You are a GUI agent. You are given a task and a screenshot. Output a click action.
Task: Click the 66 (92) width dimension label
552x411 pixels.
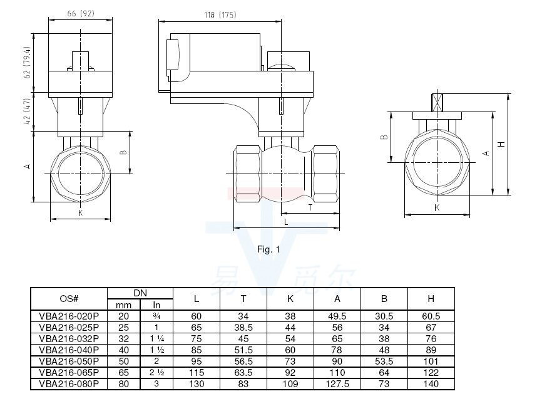click(x=79, y=14)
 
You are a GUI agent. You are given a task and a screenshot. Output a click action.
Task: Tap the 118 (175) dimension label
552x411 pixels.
click(x=219, y=14)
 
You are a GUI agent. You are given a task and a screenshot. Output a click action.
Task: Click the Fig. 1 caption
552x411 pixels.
click(x=268, y=249)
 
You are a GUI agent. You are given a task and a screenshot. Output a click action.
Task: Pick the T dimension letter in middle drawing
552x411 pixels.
click(x=310, y=207)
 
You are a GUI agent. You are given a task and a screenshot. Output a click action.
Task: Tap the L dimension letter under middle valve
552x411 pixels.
click(x=285, y=222)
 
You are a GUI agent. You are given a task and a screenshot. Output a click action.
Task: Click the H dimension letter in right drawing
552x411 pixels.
click(x=501, y=145)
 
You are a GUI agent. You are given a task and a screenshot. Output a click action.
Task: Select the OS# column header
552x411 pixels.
click(x=69, y=299)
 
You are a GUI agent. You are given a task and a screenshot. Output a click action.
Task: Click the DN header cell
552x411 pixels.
click(x=140, y=293)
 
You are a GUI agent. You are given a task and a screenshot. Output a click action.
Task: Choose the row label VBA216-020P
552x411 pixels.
click(x=69, y=316)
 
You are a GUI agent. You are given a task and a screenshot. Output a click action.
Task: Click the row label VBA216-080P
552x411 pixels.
click(x=69, y=384)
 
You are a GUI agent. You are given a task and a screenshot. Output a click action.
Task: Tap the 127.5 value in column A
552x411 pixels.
click(x=338, y=384)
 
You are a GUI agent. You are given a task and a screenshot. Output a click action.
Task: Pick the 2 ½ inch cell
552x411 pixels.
click(x=156, y=373)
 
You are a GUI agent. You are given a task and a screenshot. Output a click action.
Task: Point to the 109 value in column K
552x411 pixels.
click(x=290, y=384)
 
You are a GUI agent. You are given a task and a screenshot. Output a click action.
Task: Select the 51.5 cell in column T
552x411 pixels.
click(x=243, y=350)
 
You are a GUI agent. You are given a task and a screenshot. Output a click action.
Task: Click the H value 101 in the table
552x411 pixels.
click(x=431, y=362)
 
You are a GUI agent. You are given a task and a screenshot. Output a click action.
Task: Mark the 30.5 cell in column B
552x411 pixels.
click(x=384, y=316)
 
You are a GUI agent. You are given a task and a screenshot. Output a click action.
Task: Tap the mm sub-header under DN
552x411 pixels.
click(x=123, y=305)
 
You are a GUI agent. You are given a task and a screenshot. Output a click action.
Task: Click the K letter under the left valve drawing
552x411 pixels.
click(x=80, y=213)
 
